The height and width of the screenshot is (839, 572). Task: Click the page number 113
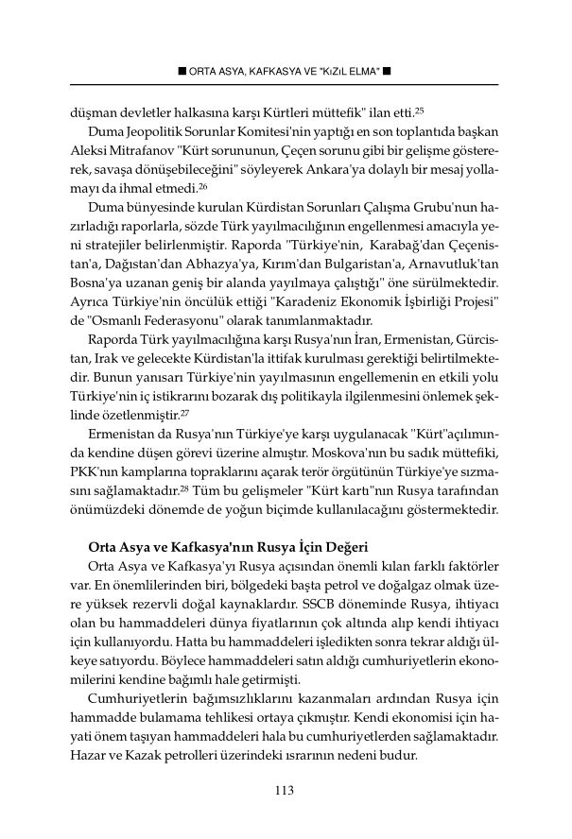coord(286,790)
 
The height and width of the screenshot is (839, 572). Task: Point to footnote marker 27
coord(219,412)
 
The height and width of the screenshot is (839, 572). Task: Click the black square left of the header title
coord(182,71)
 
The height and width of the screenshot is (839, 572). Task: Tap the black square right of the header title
coord(387,71)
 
